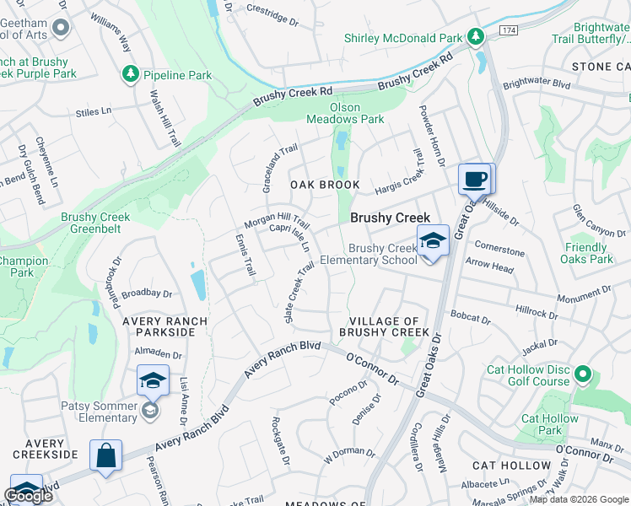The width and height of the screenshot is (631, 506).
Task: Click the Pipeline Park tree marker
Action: click(131, 75)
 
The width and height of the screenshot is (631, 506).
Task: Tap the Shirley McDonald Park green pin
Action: click(476, 37)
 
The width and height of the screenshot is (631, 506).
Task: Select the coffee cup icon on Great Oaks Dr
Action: click(476, 179)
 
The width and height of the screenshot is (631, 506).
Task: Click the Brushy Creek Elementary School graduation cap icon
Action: click(433, 240)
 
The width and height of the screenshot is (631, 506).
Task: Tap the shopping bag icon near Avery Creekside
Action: click(107, 455)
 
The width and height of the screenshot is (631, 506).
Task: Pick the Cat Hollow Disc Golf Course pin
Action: click(582, 374)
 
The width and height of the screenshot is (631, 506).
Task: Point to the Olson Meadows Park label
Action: click(344, 113)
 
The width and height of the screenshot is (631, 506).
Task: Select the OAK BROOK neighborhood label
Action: click(325, 185)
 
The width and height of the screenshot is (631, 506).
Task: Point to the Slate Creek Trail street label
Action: click(300, 292)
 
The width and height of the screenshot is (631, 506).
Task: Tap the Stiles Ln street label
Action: click(93, 111)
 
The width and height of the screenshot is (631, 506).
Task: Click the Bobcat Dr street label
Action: click(471, 319)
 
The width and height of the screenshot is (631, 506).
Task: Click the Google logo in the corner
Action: click(28, 496)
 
